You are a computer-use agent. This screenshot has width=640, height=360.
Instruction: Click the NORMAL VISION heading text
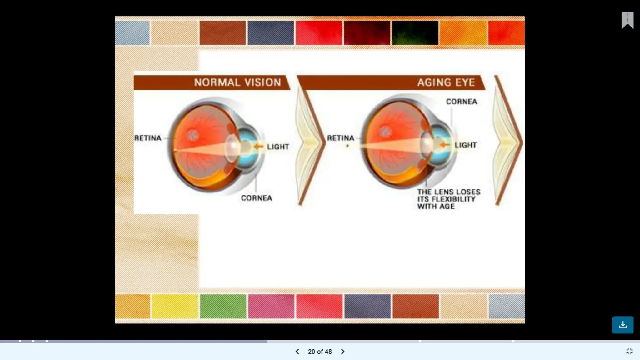point(237,82)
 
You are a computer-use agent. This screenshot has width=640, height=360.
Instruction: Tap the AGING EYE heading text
point(446,82)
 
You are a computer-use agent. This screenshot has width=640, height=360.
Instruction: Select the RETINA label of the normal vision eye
point(148,138)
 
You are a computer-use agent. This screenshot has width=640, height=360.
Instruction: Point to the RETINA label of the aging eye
point(341,138)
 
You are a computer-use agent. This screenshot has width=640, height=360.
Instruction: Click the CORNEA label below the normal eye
point(257,198)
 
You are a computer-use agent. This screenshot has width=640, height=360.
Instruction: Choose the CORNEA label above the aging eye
point(462,102)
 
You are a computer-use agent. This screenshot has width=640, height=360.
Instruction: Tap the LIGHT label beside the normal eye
point(278,147)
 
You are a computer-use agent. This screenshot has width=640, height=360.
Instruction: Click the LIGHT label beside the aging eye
point(466,145)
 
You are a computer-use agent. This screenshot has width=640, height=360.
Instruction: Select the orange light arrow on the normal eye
point(258,146)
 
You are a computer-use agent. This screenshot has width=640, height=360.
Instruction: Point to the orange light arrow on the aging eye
point(445,145)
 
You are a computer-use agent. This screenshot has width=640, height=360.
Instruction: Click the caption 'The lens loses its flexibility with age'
point(448,199)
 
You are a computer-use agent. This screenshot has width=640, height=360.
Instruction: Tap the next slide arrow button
point(343,352)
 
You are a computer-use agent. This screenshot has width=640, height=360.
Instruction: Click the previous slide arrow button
point(297,352)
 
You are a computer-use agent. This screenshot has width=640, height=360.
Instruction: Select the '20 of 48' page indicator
point(320,352)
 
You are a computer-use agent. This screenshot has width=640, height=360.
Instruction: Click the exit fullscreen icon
point(629,351)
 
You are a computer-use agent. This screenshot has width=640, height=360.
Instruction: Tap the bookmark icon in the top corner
point(627,20)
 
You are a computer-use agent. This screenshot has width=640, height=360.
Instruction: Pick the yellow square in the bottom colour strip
point(175,306)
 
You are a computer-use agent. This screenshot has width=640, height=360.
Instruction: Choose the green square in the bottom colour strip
point(223,306)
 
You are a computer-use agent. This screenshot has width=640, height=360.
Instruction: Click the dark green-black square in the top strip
point(415,33)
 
